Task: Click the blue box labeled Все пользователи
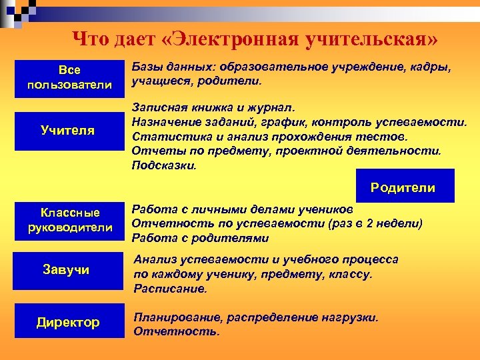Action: (69, 78)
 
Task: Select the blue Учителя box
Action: (69, 130)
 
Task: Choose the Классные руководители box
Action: (69, 220)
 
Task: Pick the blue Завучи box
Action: (69, 270)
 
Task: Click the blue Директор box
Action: (69, 322)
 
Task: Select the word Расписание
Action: (171, 289)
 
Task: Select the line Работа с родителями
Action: (200, 237)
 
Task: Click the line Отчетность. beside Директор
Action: (176, 331)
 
